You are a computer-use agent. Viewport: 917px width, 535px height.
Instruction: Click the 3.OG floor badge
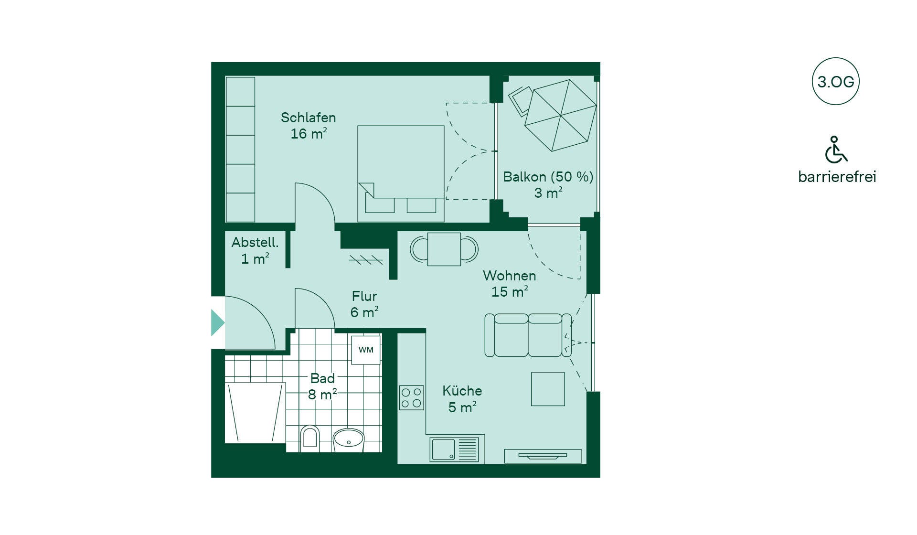click(835, 81)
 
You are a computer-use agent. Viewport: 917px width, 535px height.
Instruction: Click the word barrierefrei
click(837, 177)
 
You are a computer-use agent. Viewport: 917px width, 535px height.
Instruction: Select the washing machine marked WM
click(366, 350)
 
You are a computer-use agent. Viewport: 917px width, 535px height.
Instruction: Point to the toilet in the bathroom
click(310, 439)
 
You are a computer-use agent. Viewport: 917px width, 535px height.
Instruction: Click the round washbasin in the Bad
click(348, 440)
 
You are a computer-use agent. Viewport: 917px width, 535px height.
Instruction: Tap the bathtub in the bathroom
click(255, 413)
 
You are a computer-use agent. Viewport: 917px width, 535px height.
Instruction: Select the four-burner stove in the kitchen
click(411, 397)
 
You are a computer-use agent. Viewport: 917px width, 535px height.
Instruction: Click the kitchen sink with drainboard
click(454, 449)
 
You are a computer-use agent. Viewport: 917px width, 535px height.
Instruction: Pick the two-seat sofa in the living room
click(528, 335)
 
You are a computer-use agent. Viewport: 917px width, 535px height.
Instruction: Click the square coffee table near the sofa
click(548, 389)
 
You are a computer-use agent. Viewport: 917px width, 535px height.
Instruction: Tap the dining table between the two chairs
click(444, 249)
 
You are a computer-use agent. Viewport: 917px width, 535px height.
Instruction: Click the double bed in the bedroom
click(401, 173)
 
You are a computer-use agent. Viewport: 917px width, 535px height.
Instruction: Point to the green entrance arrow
click(218, 322)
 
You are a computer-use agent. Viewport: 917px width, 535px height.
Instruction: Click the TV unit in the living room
click(543, 456)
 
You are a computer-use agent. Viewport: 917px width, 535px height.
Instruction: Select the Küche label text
click(462, 390)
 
